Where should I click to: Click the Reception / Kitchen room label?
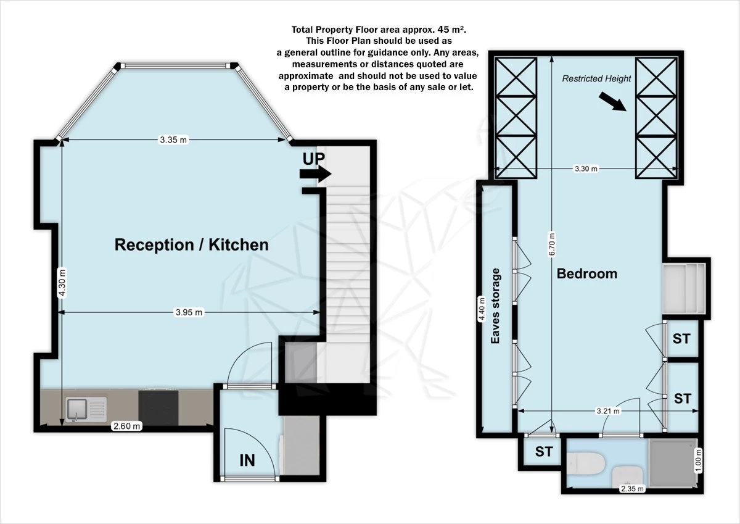pos(191,245)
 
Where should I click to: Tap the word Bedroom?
pos(586,273)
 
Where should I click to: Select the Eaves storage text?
pos(495,306)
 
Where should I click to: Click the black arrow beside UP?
pos(315,175)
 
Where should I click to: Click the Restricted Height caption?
pos(596,78)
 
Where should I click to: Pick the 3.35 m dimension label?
pos(173,140)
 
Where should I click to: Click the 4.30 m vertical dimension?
pos(61,281)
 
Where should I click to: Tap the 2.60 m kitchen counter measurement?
pos(126,426)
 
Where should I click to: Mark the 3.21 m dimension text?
pos(607,410)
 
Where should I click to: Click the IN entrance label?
pos(247,460)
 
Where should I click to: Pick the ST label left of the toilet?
pos(543,452)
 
